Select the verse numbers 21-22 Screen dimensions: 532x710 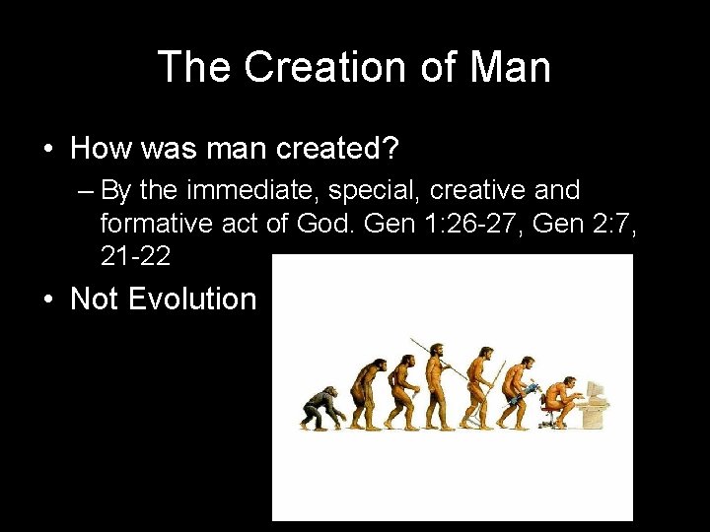tap(136, 256)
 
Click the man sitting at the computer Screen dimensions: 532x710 tap(564, 394)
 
